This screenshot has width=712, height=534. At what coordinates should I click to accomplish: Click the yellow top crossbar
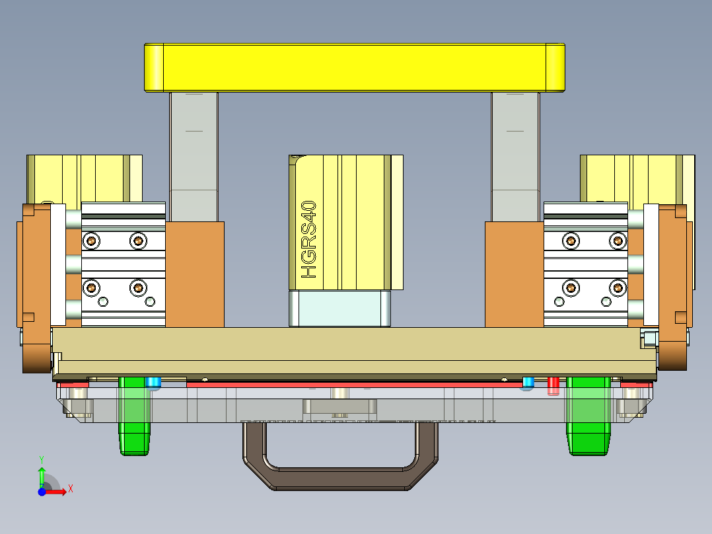355,67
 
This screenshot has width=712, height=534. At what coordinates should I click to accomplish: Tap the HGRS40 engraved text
308,239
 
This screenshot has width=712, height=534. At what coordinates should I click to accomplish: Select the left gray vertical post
194,156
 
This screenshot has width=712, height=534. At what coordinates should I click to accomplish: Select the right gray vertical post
515,156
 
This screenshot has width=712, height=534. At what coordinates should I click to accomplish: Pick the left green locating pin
135,416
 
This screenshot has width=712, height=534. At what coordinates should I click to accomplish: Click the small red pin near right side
553,385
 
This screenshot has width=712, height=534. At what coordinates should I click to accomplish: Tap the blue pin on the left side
153,383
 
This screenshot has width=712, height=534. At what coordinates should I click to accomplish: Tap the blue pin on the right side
528,383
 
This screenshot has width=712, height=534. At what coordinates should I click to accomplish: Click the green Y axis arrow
42,475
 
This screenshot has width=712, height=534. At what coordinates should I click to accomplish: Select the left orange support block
195,274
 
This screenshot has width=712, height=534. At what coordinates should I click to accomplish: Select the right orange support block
514,274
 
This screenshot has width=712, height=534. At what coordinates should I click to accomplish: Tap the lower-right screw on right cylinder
618,287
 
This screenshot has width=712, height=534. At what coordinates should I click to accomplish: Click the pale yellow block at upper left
85,177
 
